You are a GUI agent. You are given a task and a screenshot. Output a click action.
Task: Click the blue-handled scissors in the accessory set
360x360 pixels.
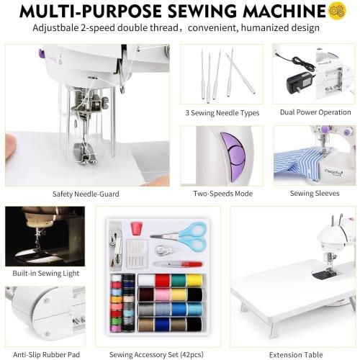(x=189, y=235)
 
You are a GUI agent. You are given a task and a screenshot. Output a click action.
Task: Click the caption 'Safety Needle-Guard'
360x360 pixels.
(x=86, y=194)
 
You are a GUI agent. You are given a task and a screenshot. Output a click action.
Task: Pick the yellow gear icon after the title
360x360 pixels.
(x=337, y=11)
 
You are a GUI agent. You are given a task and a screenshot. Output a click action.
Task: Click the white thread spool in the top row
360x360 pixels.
(x=146, y=280)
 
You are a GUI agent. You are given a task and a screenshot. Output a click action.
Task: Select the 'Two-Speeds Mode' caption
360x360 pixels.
(x=222, y=194)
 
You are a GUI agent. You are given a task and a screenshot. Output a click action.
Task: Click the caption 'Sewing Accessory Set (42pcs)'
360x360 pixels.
(x=156, y=354)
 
